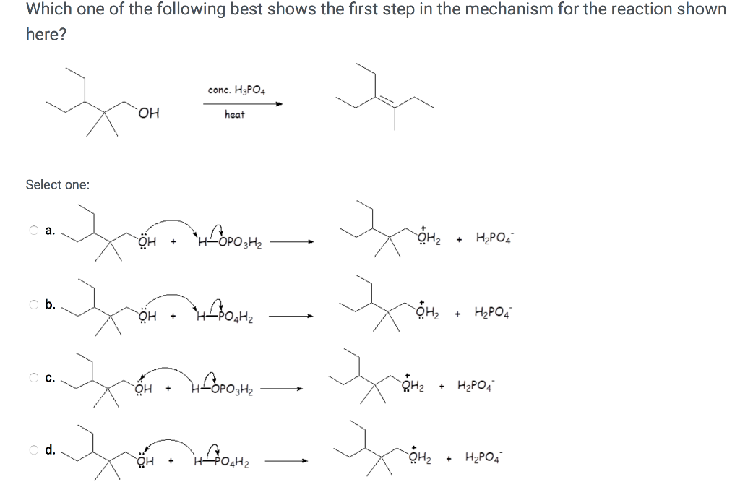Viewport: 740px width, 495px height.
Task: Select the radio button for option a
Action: coord(34,231)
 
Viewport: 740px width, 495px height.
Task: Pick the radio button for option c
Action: coord(34,376)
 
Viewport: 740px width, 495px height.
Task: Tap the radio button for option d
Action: coord(34,449)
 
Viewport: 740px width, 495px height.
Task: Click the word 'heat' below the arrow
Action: coord(235,114)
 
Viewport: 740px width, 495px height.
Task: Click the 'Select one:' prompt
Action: coord(58,185)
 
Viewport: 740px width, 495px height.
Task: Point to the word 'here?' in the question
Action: coord(46,35)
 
